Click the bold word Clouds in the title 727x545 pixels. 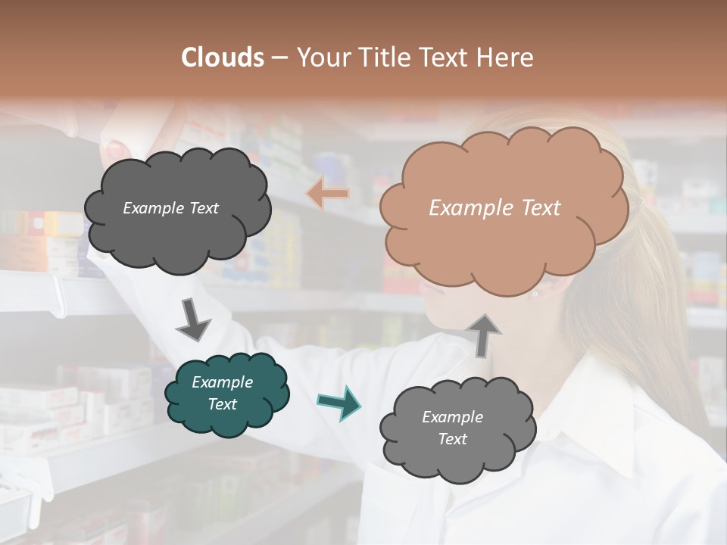coord(223,58)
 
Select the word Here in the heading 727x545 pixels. coord(506,58)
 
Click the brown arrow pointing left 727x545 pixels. coord(327,194)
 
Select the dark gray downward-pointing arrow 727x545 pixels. coord(192,319)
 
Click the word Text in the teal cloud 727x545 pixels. coord(223,404)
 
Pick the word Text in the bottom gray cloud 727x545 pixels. coord(453,439)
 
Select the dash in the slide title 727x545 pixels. coord(279,58)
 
